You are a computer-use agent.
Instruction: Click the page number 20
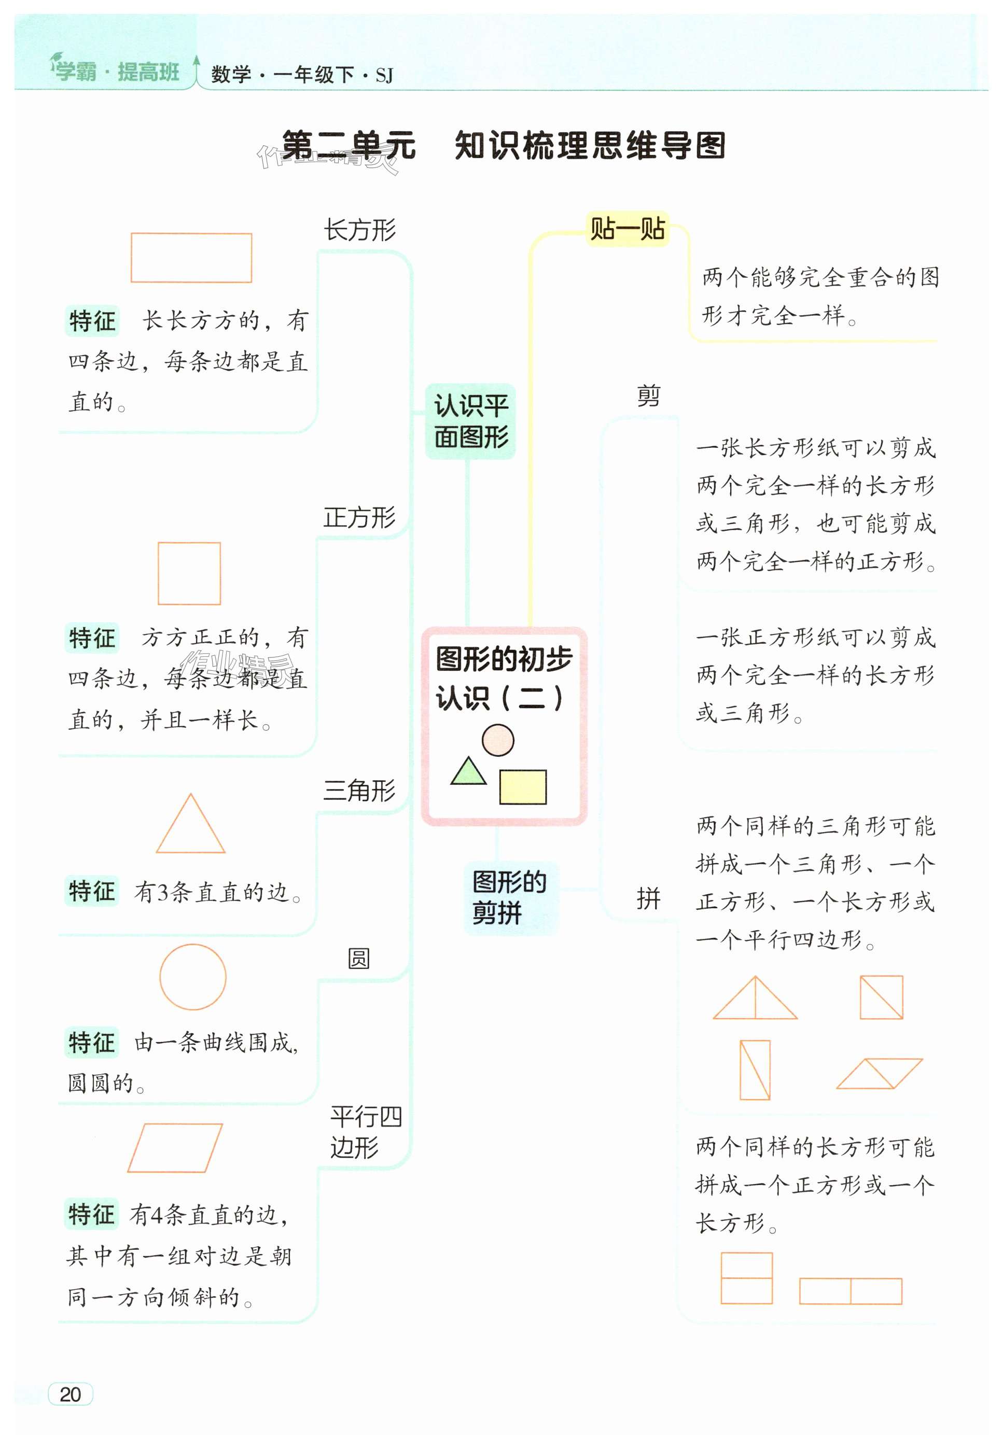71,1393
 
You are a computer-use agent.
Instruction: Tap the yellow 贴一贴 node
627,228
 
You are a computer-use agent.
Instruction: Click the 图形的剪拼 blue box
510,897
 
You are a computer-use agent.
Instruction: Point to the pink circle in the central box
498,740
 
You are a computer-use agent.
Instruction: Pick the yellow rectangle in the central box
523,786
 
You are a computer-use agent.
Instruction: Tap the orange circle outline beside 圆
192,977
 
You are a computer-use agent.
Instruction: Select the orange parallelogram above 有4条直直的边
175,1148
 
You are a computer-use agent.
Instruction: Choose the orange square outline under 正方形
189,573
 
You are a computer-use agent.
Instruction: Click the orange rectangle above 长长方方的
191,258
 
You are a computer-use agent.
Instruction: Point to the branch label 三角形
359,791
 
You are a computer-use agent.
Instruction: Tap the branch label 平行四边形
365,1132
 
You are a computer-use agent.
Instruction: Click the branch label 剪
649,396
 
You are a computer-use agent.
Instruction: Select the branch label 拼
649,899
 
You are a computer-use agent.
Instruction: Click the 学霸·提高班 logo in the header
116,72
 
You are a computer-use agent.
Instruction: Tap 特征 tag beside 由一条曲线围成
92,1042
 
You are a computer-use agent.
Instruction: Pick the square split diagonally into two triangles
881,997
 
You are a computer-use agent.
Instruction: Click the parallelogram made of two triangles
879,1074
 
